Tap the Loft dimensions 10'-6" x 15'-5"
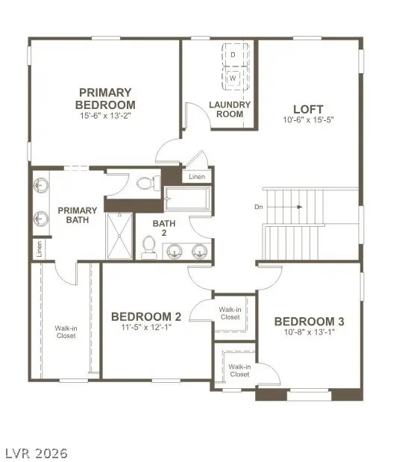pyautogui.click(x=307, y=119)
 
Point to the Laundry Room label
pyautogui.click(x=229, y=110)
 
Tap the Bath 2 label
pyautogui.click(x=164, y=228)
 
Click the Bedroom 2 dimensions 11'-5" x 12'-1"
pyautogui.click(x=145, y=327)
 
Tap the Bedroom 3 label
pyautogui.click(x=309, y=321)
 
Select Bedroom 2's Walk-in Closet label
pyautogui.click(x=230, y=313)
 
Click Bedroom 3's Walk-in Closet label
pyautogui.click(x=239, y=370)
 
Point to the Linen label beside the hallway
pyautogui.click(x=197, y=177)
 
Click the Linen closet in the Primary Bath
pyautogui.click(x=37, y=249)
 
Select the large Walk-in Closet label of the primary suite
pyautogui.click(x=66, y=331)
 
